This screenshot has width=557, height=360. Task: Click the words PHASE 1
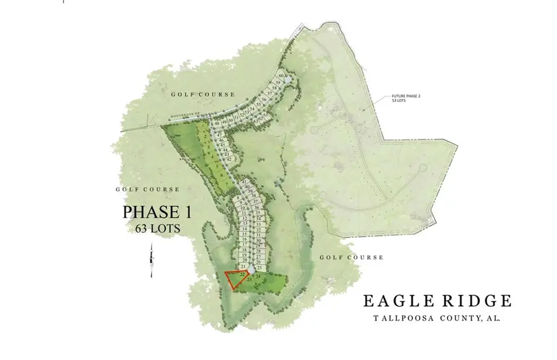click(x=158, y=212)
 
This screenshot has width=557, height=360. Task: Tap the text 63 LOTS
click(x=158, y=228)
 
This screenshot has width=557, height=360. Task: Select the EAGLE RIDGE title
click(x=436, y=301)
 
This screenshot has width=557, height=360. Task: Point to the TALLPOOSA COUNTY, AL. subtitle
click(x=436, y=318)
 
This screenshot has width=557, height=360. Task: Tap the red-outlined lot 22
click(x=235, y=278)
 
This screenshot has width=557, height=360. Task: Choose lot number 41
click(x=245, y=181)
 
